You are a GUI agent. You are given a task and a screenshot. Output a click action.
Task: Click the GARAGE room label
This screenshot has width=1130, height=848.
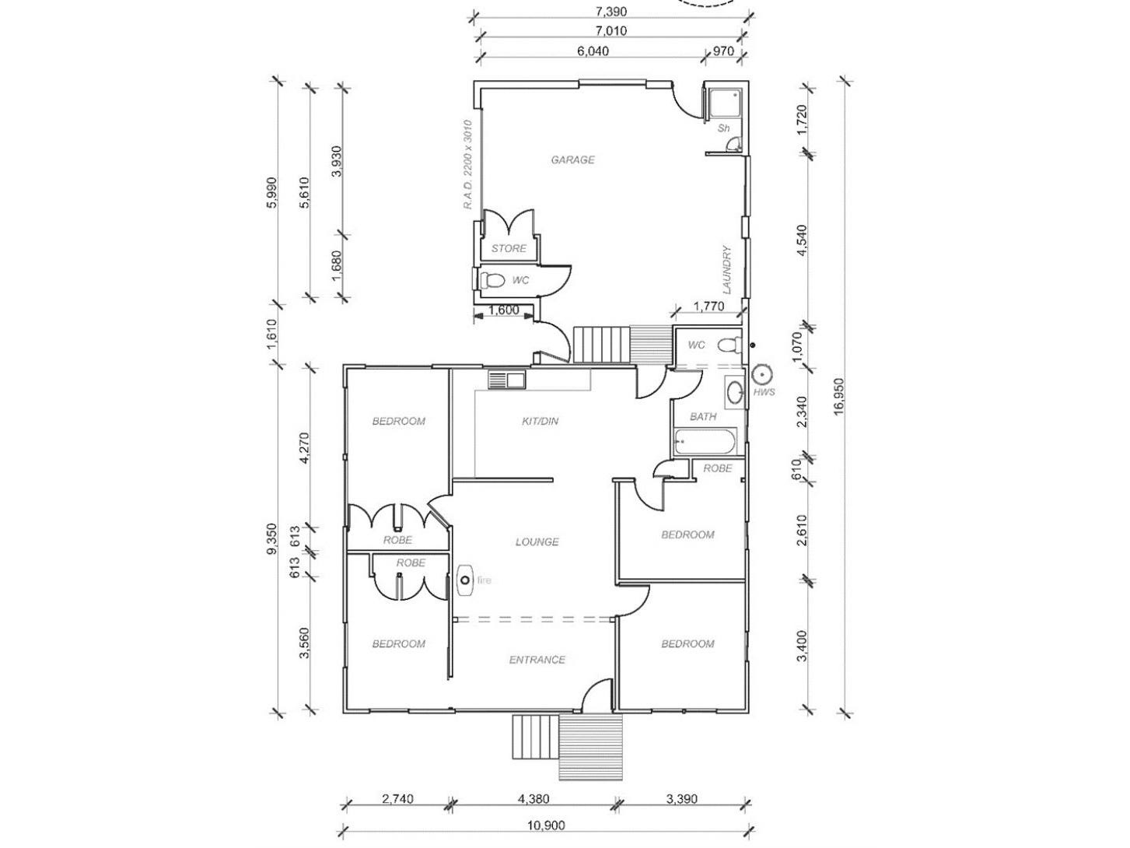tap(572, 160)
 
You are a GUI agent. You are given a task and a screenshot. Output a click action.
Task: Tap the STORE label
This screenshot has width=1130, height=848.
tap(509, 249)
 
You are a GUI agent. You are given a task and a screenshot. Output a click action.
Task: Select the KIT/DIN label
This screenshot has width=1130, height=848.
tap(540, 422)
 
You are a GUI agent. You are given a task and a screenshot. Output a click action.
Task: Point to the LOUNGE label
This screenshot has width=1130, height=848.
tap(537, 542)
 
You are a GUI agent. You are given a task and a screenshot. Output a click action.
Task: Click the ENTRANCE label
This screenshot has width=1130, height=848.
tap(537, 660)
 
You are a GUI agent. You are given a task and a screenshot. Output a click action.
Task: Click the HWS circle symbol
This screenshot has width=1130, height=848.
tap(762, 374)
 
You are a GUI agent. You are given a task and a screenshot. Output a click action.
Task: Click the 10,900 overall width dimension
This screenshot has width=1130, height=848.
tap(545, 825)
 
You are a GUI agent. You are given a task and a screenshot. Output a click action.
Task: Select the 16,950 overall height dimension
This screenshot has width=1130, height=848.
tap(838, 397)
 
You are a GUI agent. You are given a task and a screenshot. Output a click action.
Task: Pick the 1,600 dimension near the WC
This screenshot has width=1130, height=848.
tap(503, 310)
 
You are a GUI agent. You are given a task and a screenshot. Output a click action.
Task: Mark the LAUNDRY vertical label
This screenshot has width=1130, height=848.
tap(726, 269)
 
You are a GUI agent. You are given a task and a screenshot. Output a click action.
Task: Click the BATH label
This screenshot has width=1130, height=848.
tap(703, 417)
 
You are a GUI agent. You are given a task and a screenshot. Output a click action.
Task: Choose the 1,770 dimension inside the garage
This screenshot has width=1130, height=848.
tap(708, 307)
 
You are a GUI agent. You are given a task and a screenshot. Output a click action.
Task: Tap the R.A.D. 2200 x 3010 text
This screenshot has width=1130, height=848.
tap(467, 165)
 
